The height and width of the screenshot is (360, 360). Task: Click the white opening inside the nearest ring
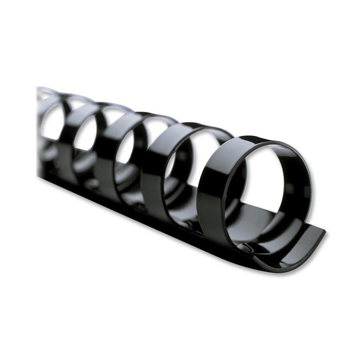click(265, 180)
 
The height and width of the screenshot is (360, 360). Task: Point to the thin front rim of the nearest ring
click(227, 189)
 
